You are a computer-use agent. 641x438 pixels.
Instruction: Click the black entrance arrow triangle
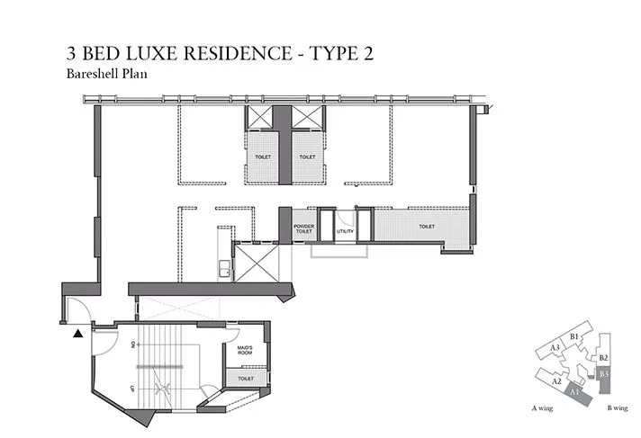pos(79,333)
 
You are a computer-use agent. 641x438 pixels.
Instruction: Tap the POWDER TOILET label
pos(302,229)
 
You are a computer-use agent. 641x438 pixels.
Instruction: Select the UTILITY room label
pos(345,231)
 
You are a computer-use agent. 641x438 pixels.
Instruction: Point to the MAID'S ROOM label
pos(246,350)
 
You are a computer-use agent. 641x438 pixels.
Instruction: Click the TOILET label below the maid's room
pos(247,379)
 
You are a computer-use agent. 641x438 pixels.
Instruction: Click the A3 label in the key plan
pos(555,347)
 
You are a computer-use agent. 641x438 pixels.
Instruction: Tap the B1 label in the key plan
pos(573,336)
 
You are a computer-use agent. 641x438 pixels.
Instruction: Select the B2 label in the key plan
pos(604,357)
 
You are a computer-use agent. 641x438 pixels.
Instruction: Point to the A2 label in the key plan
pos(557,380)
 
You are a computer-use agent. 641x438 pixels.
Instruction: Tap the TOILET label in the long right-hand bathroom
pos(426,227)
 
